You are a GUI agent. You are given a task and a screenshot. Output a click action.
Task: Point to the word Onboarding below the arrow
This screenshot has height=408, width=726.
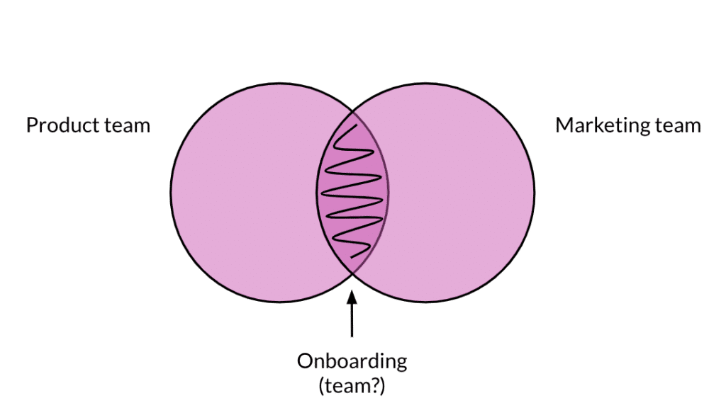(x=352, y=361)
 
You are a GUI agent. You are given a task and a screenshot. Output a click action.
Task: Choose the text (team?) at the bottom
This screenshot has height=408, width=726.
(x=352, y=386)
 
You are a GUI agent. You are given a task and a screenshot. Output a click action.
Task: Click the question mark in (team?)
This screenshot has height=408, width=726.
(x=381, y=385)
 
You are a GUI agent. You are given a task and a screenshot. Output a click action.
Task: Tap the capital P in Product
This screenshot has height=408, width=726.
(x=31, y=125)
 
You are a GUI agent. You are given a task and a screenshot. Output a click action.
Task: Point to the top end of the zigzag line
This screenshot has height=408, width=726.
(x=354, y=125)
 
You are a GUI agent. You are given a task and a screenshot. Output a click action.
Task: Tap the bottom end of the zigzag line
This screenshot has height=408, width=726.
(x=368, y=256)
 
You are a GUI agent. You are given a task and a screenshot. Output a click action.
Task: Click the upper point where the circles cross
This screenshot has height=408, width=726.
(x=352, y=111)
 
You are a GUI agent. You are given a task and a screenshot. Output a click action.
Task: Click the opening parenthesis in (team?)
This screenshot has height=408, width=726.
(x=325, y=386)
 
